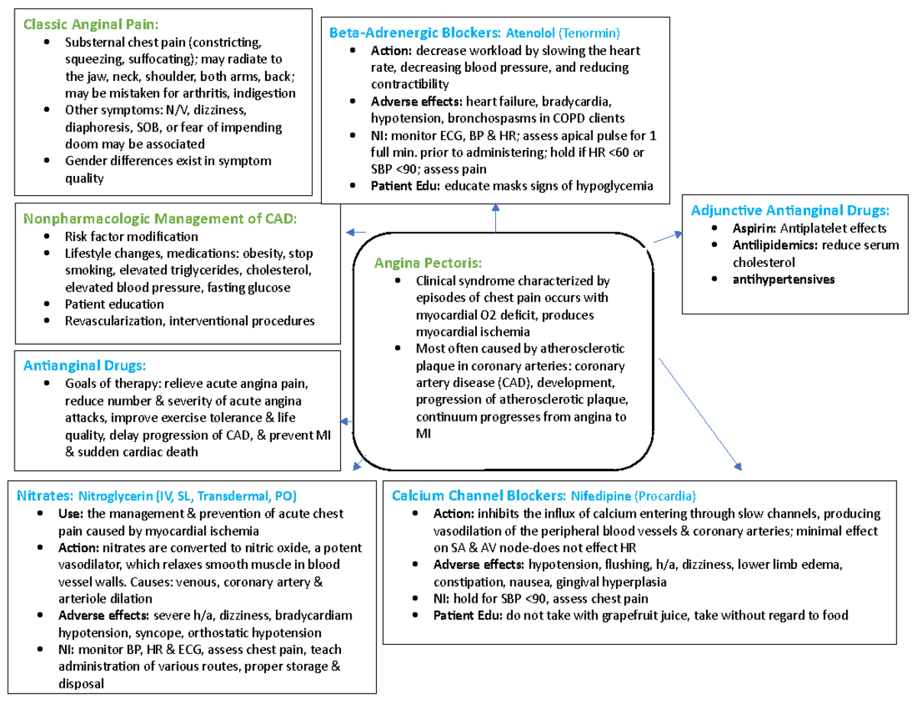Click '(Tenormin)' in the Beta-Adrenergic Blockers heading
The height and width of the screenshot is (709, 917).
pos(588,33)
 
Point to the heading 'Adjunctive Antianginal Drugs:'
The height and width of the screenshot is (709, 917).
pos(789,210)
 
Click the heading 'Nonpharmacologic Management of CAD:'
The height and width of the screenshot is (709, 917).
pos(160,219)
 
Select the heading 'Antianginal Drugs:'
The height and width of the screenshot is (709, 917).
pos(85,366)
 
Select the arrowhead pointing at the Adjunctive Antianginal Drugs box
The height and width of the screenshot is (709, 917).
pos(678,234)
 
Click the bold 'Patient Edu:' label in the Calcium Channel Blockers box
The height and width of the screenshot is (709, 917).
pos(467,615)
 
